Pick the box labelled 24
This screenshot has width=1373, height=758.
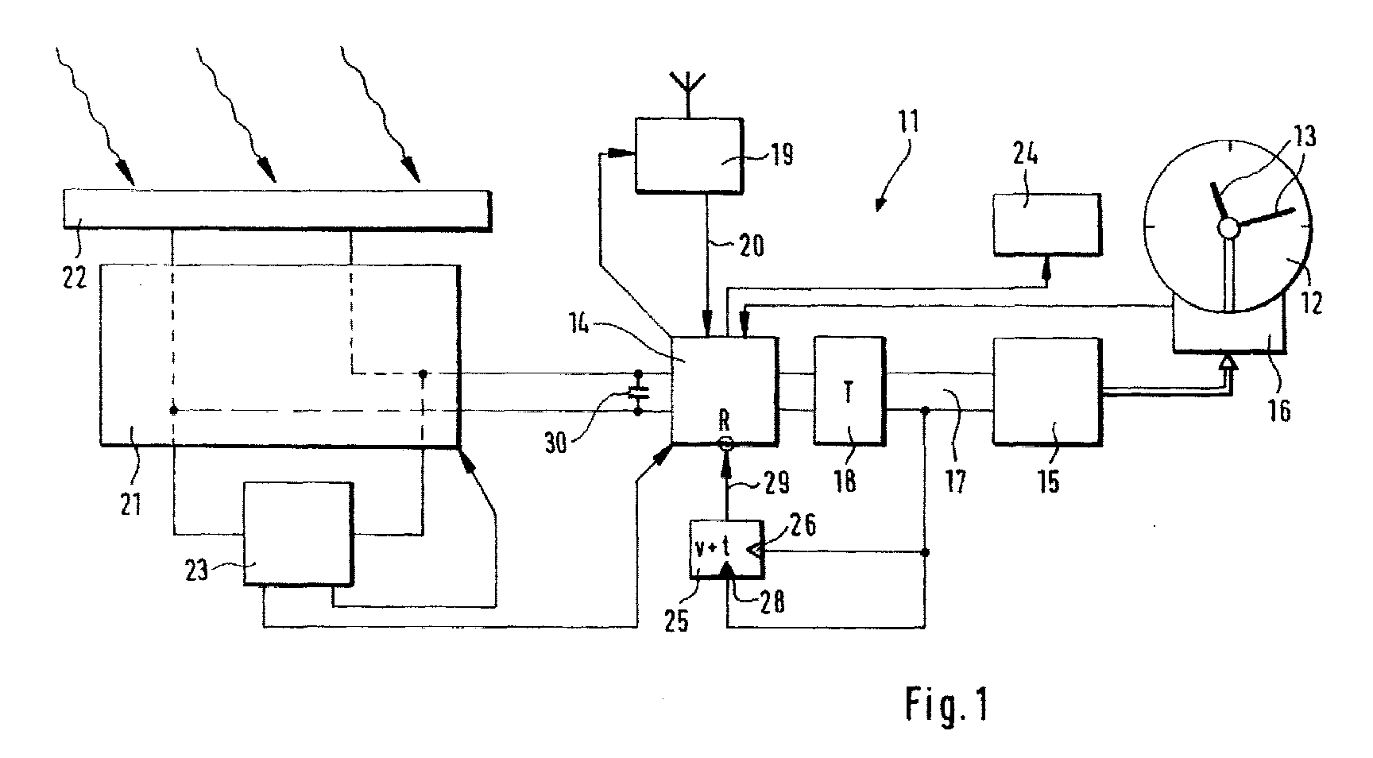[x=1046, y=225]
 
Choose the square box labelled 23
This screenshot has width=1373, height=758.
[x=296, y=534]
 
